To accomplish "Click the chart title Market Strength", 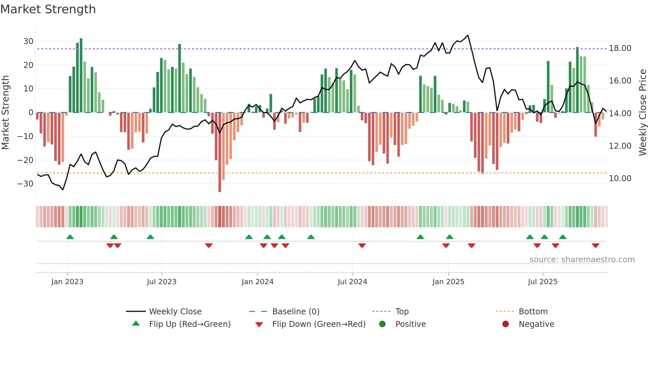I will tap(48, 9).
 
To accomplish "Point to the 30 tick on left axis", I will tap(28, 41).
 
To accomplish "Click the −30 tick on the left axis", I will tap(26, 184).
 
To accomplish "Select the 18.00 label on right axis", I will tap(620, 48).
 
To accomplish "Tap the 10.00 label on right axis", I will tap(620, 179).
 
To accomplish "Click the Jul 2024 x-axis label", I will tap(352, 282).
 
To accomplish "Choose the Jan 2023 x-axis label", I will tap(67, 282).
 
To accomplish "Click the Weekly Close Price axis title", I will tap(642, 113).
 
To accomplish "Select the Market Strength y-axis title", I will tap(5, 113).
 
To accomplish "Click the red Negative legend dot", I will tap(505, 324).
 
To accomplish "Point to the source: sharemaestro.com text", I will tap(582, 260).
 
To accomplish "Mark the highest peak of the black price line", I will tap(468, 35).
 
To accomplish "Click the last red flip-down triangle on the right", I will tap(595, 245).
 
